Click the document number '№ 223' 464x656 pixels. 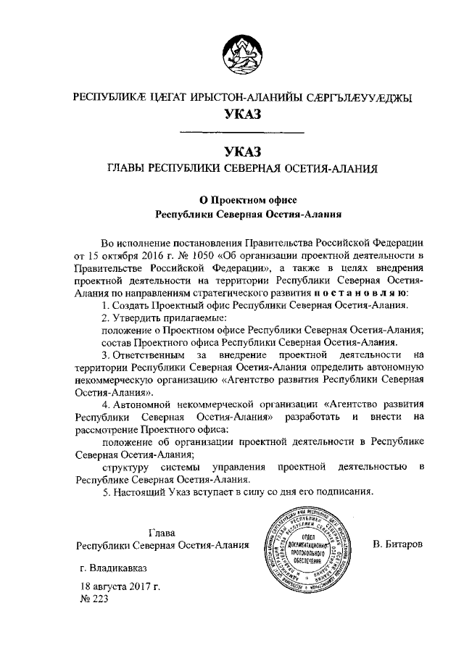pos(93,600)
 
